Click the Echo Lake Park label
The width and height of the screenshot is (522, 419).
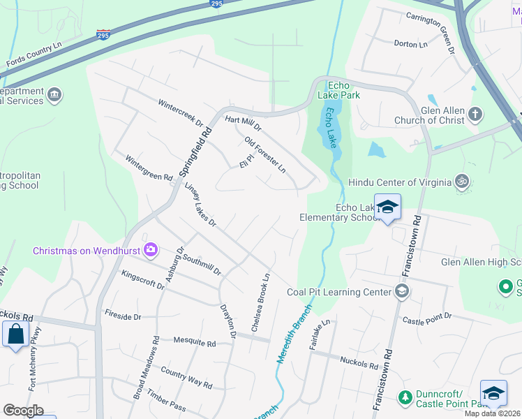338,89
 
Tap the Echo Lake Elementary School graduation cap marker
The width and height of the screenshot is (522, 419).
387,207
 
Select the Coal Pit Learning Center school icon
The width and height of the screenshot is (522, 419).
401,291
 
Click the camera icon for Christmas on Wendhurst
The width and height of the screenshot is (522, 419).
151,250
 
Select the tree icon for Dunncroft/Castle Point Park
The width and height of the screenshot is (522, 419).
404,397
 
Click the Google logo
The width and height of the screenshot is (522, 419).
23,411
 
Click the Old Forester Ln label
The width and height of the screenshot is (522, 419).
265,155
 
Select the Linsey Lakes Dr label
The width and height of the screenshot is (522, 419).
201,205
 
